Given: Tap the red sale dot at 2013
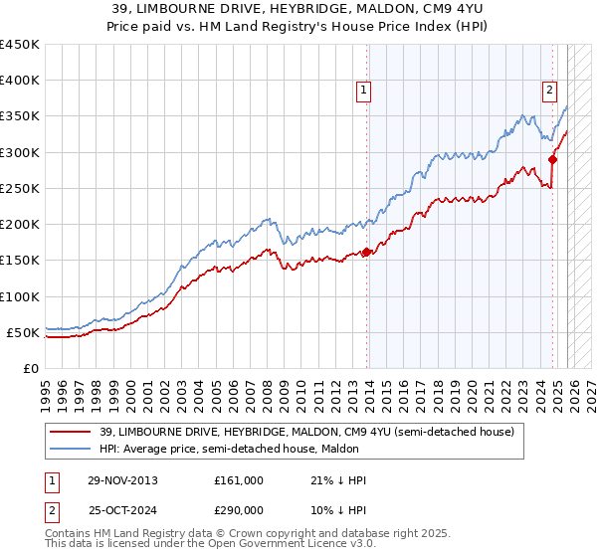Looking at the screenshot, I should click(x=366, y=252).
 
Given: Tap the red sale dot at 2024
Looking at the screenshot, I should click(x=552, y=159).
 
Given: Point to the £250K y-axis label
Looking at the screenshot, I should click(x=20, y=188).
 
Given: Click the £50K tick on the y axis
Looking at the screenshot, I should click(x=24, y=332).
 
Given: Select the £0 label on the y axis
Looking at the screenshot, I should click(x=30, y=368).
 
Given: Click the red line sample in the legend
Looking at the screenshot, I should click(x=70, y=432).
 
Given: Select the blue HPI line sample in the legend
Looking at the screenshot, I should click(x=70, y=450).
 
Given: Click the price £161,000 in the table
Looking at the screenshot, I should click(x=238, y=480).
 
